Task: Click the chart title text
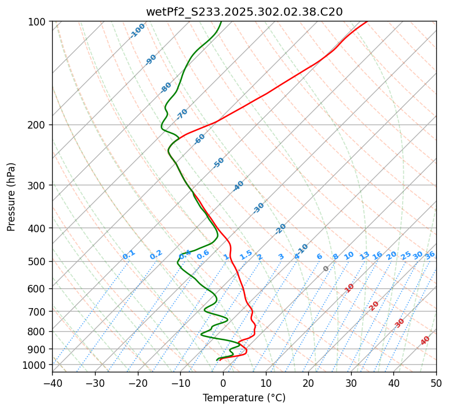244,12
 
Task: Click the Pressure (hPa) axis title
12,197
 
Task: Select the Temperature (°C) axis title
244,398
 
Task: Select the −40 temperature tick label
52,383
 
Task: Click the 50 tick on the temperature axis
436,383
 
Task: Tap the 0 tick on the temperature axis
223,383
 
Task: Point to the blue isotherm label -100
137,31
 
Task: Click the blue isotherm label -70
182,114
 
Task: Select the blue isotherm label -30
258,208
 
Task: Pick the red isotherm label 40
425,341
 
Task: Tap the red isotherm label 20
374,306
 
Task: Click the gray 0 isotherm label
326,269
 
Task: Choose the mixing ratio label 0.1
129,254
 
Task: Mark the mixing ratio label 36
430,255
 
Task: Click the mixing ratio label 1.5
246,254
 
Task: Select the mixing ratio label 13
364,255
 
